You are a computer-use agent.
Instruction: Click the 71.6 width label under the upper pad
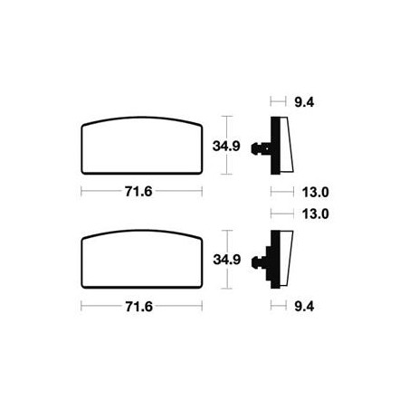138,192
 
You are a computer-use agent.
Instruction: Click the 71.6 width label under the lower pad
138,307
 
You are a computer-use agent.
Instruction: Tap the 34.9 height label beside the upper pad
226,146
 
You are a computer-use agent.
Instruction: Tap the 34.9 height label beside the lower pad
227,260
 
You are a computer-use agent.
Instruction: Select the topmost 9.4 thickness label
304,102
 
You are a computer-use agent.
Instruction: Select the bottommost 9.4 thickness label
304,307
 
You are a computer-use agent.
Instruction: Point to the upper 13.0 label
316,192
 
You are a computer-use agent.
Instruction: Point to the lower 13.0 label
316,214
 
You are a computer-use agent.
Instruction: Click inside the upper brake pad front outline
142,146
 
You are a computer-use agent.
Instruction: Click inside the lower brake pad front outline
142,260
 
